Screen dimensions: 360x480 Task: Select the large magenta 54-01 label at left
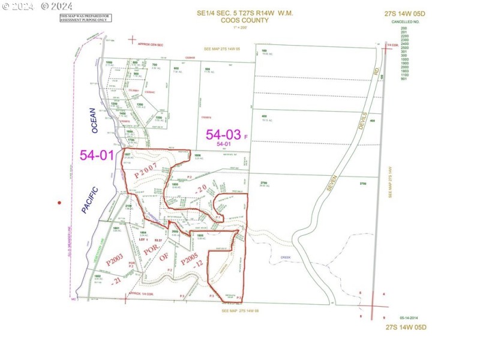(x=97, y=155)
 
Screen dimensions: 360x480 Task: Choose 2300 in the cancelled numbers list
(x=404, y=39)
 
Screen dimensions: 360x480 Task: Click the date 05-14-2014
(x=410, y=316)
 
